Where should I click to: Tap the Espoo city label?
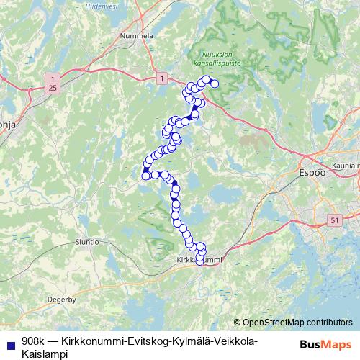312,173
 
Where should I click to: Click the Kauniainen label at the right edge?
346,166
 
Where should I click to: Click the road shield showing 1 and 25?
52,82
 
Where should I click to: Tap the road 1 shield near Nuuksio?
163,77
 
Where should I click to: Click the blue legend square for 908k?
9,341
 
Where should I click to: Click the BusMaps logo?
320,345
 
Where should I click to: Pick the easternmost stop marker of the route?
214,84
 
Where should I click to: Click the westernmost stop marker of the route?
145,175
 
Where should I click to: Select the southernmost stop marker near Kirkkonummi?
200,261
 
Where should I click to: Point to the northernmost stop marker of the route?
206,79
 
